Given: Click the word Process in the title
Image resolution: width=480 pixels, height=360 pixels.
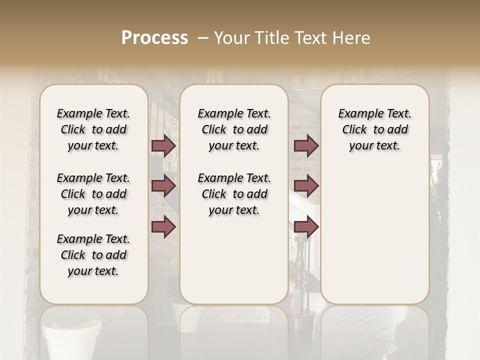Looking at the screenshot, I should click(x=154, y=38).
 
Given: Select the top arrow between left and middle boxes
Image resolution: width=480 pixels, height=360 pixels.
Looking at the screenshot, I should click(x=163, y=146).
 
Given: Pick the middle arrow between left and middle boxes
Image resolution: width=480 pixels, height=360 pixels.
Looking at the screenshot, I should click(x=163, y=186).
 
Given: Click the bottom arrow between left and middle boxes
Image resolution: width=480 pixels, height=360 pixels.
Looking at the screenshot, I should click(x=163, y=226).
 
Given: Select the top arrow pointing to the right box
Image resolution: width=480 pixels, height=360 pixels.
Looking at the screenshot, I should click(x=306, y=146).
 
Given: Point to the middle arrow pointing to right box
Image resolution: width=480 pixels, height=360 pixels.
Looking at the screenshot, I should click(x=306, y=186).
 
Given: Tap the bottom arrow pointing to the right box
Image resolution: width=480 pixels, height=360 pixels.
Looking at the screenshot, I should click(x=306, y=226).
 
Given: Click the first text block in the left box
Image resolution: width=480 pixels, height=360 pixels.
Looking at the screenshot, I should click(x=93, y=129).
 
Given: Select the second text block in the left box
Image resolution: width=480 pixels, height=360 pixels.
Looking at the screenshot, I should click(x=93, y=194).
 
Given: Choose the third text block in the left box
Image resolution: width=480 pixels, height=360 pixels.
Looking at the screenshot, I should click(x=93, y=255).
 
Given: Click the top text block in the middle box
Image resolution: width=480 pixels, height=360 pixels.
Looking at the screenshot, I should click(x=234, y=129).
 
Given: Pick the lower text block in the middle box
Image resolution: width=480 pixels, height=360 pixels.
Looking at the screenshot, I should click(x=234, y=194).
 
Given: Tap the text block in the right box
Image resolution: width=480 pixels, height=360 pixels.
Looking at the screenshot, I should click(x=374, y=129).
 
